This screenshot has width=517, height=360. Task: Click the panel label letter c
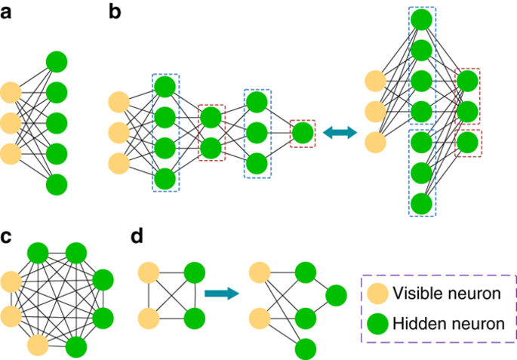tap(8, 235)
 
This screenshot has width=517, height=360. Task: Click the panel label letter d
tap(137, 235)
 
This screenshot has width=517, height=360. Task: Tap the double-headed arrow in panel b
tap(339, 133)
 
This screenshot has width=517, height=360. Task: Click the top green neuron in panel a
tap(57, 62)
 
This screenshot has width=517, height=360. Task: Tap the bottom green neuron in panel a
tap(57, 185)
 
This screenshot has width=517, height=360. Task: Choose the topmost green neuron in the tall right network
tap(423, 19)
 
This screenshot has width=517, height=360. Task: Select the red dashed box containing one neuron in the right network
tap(469, 143)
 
